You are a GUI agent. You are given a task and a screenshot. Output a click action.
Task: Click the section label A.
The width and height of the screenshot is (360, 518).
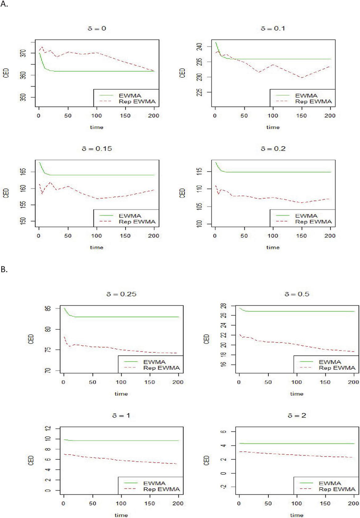point(4,7)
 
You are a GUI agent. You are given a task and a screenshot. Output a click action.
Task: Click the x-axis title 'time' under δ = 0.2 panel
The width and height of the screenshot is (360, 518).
point(273,247)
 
